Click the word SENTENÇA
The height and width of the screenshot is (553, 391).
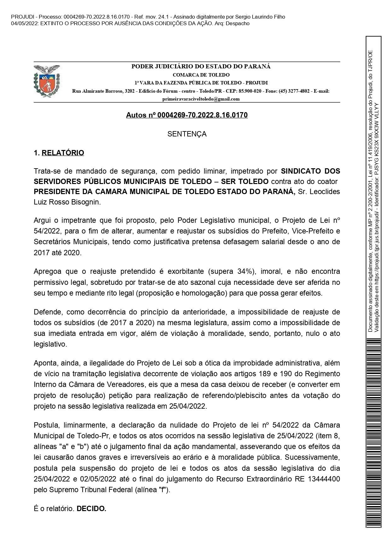coord(187,134)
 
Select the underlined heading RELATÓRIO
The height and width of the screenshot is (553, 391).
coord(63,153)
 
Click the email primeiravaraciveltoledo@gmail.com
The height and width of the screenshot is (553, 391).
coord(201,99)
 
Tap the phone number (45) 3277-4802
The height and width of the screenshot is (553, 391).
coord(291,91)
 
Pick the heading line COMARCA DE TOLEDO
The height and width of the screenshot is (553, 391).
coord(201,75)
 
